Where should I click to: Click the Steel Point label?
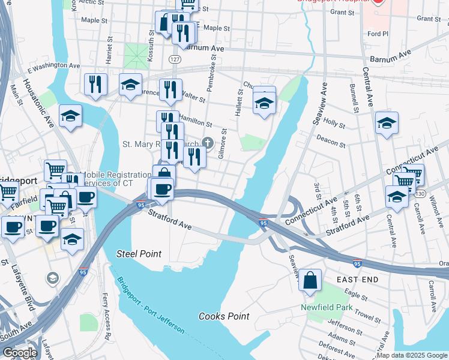click(x=139, y=254)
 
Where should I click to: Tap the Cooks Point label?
click(x=224, y=316)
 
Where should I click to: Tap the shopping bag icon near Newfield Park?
click(x=310, y=281)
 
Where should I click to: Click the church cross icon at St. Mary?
click(x=208, y=142)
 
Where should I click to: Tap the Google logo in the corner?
click(x=20, y=353)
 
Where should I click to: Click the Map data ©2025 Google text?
click(x=412, y=355)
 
